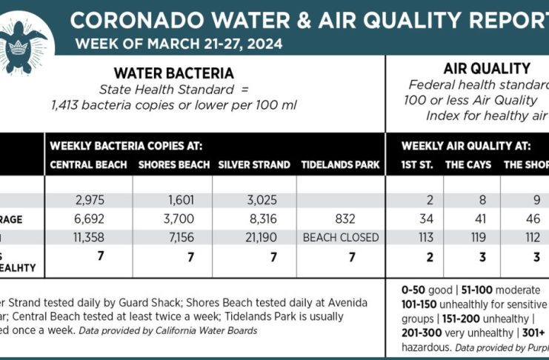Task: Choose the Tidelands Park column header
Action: point(340,164)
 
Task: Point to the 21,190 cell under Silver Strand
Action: point(254,238)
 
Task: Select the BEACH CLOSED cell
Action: point(340,238)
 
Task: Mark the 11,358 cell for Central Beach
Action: point(91,238)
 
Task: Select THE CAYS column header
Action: point(468,164)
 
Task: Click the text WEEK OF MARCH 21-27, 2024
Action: point(179,43)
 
